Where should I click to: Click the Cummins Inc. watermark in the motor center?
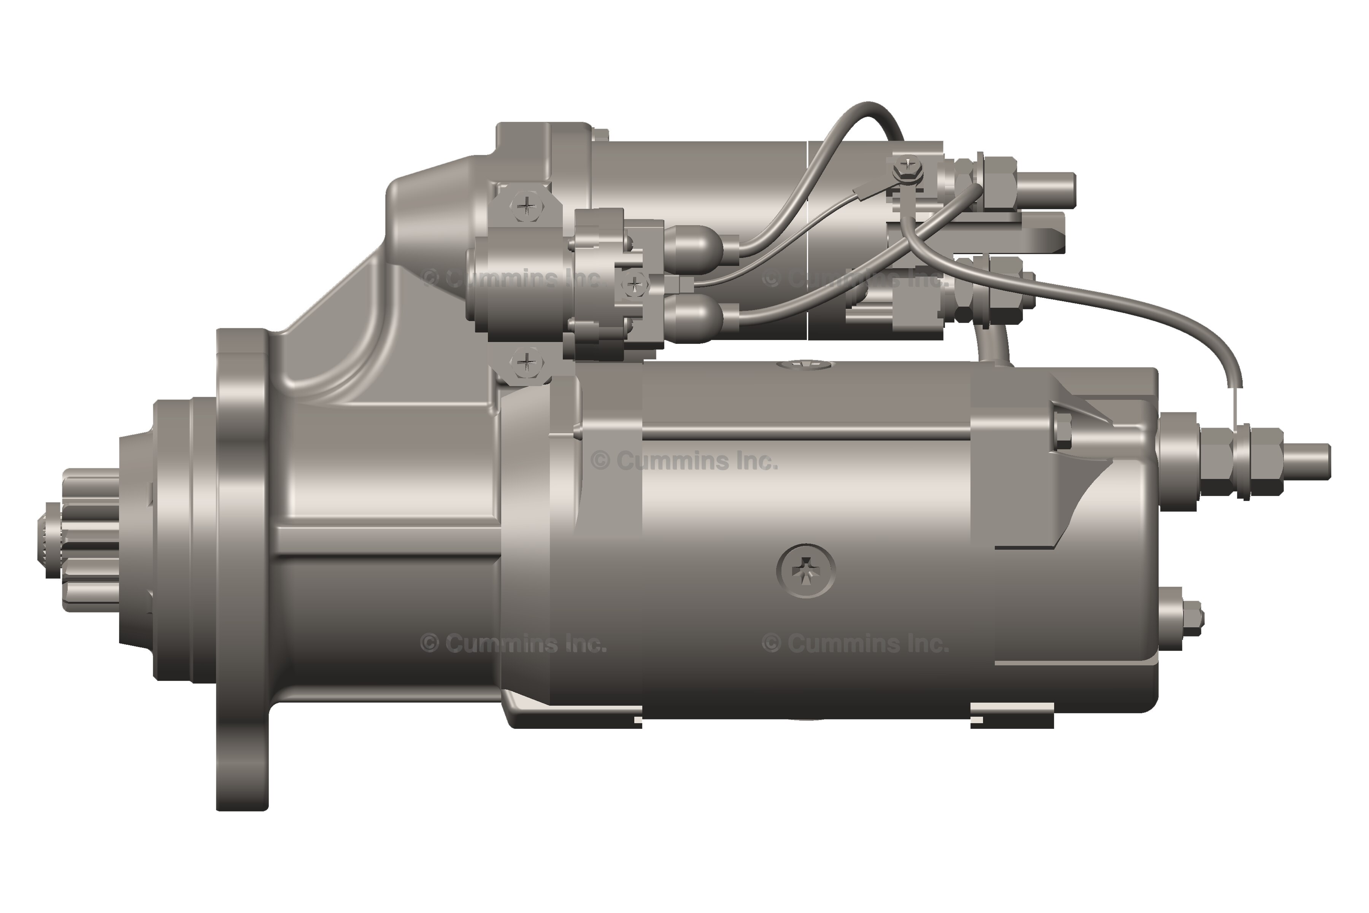point(684,461)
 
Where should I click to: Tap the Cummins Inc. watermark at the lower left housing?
point(512,643)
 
